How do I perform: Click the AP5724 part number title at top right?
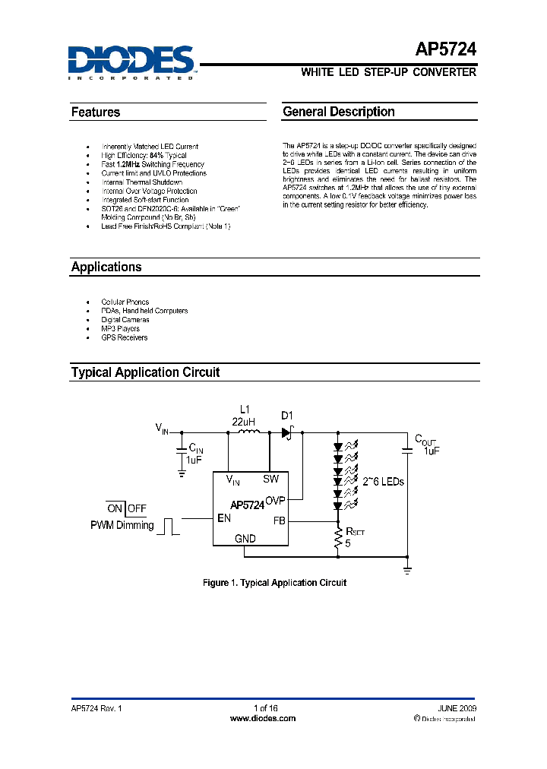click(446, 50)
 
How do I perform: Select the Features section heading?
click(96, 112)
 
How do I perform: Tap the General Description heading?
click(339, 112)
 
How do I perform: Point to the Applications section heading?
click(106, 267)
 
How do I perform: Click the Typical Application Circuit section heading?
click(145, 372)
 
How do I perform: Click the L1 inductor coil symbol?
click(248, 432)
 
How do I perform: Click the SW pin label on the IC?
click(271, 479)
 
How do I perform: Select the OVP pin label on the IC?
click(275, 501)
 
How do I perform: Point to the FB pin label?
click(279, 521)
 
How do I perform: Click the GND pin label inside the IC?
click(245, 538)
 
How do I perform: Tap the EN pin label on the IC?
click(223, 518)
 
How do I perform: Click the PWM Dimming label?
click(122, 525)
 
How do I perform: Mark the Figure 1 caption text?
click(274, 583)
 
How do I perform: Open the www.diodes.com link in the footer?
click(262, 718)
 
